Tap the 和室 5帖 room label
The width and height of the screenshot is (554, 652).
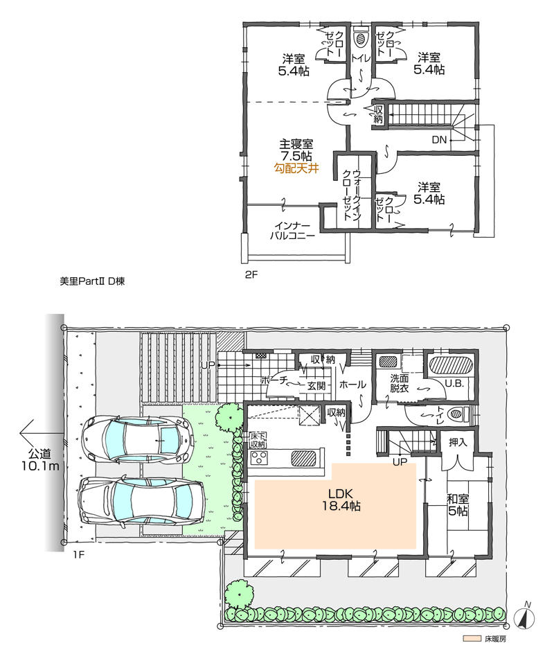coord(456,504)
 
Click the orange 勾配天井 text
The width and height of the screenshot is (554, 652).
coord(296,168)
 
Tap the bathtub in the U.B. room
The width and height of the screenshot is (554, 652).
coord(449,364)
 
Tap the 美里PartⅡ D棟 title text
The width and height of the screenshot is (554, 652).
coord(91,282)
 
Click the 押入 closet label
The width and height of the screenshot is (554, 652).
coord(458,441)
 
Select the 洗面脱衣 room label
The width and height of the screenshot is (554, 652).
coord(400,385)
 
